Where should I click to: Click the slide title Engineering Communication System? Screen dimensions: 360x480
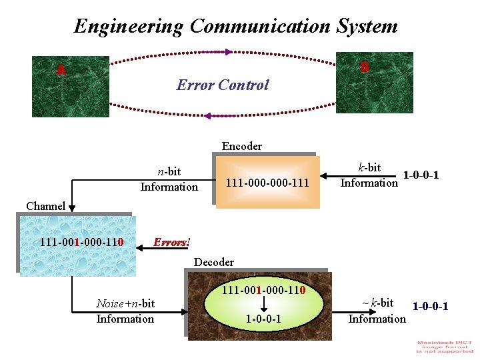click(235, 27)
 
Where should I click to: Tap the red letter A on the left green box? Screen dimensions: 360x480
click(61, 70)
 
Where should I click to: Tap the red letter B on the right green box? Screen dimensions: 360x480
click(365, 67)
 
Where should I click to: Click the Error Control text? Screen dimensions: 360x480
click(222, 85)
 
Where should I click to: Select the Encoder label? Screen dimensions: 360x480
click(241, 146)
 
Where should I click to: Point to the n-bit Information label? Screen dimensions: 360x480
click(169, 179)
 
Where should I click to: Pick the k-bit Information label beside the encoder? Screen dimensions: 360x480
click(369, 175)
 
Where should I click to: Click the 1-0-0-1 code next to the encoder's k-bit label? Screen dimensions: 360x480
click(421, 175)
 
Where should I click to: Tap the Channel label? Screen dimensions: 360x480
click(45, 206)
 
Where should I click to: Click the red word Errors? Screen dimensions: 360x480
click(171, 242)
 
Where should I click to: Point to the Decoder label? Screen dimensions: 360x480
click(213, 262)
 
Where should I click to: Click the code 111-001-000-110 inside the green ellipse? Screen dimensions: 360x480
click(263, 291)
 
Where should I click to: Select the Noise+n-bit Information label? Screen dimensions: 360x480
click(125, 311)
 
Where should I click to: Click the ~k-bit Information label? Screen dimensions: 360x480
click(377, 311)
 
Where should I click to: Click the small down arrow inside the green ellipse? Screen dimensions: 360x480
click(263, 305)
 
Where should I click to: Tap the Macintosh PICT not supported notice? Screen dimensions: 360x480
click(445, 347)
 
